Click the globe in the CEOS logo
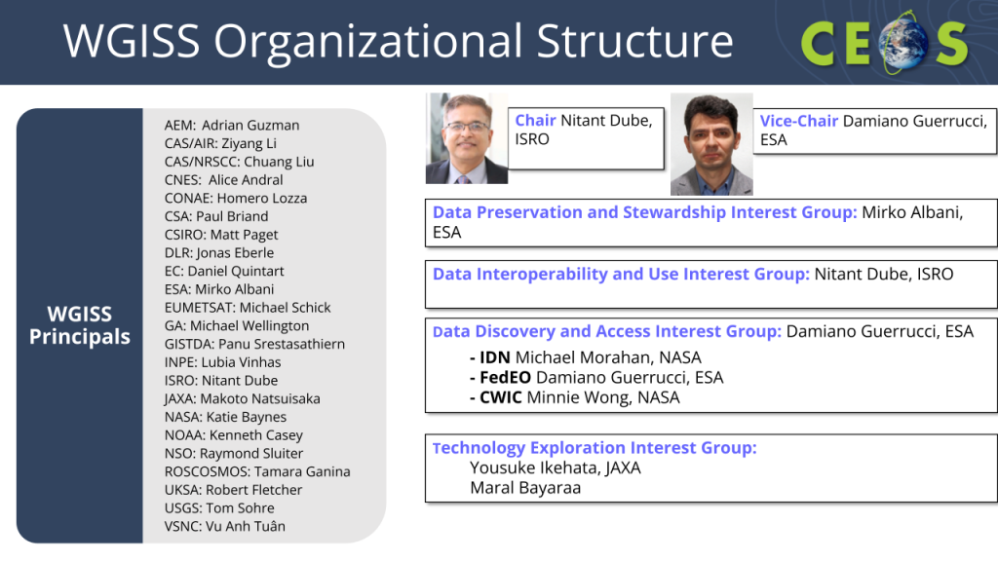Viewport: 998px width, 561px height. pyautogui.click(x=902, y=43)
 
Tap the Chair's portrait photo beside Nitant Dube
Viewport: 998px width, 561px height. pyautogui.click(x=467, y=138)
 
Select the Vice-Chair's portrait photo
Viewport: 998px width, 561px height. pyautogui.click(x=711, y=144)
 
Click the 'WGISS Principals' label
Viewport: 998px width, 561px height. pyautogui.click(x=80, y=325)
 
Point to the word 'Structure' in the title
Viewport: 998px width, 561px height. pyautogui.click(x=634, y=41)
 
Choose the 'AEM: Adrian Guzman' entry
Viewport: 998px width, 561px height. pyautogui.click(x=232, y=126)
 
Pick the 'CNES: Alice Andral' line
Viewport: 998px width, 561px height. pyautogui.click(x=223, y=180)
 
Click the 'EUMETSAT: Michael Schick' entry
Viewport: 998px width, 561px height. pyautogui.click(x=248, y=308)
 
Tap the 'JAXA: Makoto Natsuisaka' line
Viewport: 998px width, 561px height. pyautogui.click(x=242, y=398)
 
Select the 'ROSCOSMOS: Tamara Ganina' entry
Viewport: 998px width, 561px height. pyautogui.click(x=257, y=472)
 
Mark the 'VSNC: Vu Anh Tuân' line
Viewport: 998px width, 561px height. pyautogui.click(x=225, y=527)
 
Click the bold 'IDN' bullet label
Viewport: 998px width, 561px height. pyautogui.click(x=494, y=357)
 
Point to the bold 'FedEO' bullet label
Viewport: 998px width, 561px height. pyautogui.click(x=506, y=377)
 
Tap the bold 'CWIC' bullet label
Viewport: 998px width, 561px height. pyautogui.click(x=500, y=397)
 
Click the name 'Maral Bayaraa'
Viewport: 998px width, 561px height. pyautogui.click(x=525, y=488)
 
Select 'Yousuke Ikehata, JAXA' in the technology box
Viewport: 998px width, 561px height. pyautogui.click(x=555, y=468)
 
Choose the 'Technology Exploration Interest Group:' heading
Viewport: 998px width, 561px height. pyautogui.click(x=595, y=448)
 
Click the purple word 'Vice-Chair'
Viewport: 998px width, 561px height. pyautogui.click(x=799, y=121)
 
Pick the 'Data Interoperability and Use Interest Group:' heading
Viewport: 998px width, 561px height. pyautogui.click(x=621, y=274)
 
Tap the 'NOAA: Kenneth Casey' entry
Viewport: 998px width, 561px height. pyautogui.click(x=234, y=435)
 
